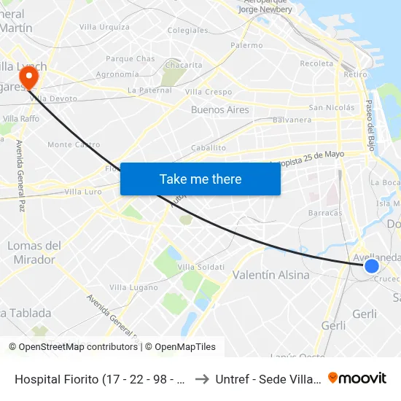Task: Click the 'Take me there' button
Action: click(200, 179)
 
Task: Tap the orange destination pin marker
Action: click(30, 76)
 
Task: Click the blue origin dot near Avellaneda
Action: click(371, 266)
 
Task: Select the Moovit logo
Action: click(357, 378)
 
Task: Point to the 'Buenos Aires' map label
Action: click(219, 110)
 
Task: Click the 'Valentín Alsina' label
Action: click(270, 275)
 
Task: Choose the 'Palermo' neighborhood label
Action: click(246, 45)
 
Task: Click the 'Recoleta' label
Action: click(316, 63)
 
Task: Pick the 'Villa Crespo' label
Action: click(209, 92)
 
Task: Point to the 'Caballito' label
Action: click(209, 147)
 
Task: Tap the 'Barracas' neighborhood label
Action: click(325, 213)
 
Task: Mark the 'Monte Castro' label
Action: click(74, 144)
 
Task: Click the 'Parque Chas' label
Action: click(131, 58)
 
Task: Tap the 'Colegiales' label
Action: click(187, 30)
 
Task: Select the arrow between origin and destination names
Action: click(202, 379)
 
